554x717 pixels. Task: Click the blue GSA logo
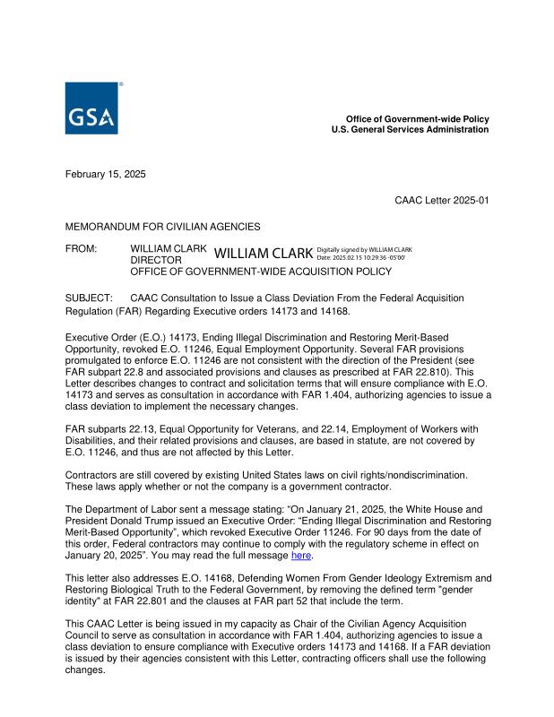[92, 109]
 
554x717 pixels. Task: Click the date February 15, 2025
[106, 174]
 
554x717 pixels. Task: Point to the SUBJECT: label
[88, 297]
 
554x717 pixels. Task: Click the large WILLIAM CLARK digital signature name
[264, 254]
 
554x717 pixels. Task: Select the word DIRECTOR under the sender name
[156, 259]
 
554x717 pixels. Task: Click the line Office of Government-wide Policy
[418, 119]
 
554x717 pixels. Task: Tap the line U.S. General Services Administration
[410, 130]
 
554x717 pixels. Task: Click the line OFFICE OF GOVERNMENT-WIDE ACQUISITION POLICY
[261, 271]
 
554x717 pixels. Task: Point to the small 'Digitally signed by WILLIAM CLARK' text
[364, 249]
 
